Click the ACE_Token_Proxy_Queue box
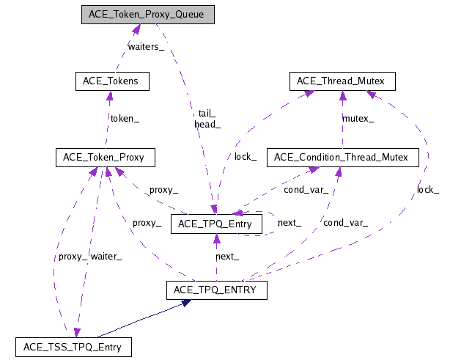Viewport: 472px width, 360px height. (147, 15)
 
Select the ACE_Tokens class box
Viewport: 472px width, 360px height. (112, 81)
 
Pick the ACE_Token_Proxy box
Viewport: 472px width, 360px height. (103, 157)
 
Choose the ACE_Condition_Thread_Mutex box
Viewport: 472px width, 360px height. (342, 157)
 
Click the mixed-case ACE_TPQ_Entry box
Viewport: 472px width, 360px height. (215, 224)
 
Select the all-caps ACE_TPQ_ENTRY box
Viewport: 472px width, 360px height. (215, 290)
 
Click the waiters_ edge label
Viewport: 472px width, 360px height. (147, 47)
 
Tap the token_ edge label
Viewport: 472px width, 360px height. (125, 117)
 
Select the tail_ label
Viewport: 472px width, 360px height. (207, 113)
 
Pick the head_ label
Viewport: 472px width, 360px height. (207, 124)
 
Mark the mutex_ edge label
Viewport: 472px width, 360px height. (358, 117)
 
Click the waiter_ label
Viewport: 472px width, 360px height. (106, 256)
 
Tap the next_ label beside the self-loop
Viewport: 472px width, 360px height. (289, 222)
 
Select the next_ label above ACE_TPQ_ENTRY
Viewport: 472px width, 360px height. (227, 257)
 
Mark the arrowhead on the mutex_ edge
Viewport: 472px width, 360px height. (342, 95)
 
